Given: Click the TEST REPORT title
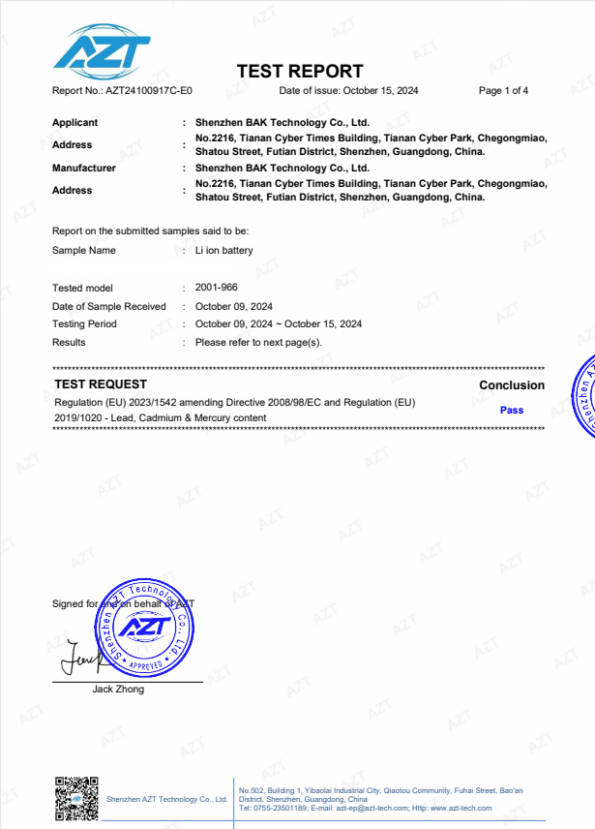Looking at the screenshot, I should tap(300, 71).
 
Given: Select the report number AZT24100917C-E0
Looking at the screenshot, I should tap(149, 91).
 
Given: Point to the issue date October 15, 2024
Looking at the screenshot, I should tap(380, 91).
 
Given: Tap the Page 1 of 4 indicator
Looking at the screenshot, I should tap(503, 91).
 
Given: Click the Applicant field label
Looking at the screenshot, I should tap(74, 123).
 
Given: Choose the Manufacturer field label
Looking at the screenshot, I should tap(83, 169).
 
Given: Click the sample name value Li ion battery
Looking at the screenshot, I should tap(223, 251).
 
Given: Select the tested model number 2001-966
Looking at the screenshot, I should tap(216, 288).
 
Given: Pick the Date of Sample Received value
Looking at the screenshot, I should tap(233, 306).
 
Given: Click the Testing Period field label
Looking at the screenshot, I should tap(84, 324).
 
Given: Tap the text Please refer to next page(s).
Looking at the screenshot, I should tap(258, 342).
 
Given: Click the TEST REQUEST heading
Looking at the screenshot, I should tap(101, 385).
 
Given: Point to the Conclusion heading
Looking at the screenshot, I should tap(512, 385).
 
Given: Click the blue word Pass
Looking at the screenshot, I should tap(512, 411).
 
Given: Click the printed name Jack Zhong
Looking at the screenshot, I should tap(118, 690).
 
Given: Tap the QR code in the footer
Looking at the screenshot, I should tap(76, 797).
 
